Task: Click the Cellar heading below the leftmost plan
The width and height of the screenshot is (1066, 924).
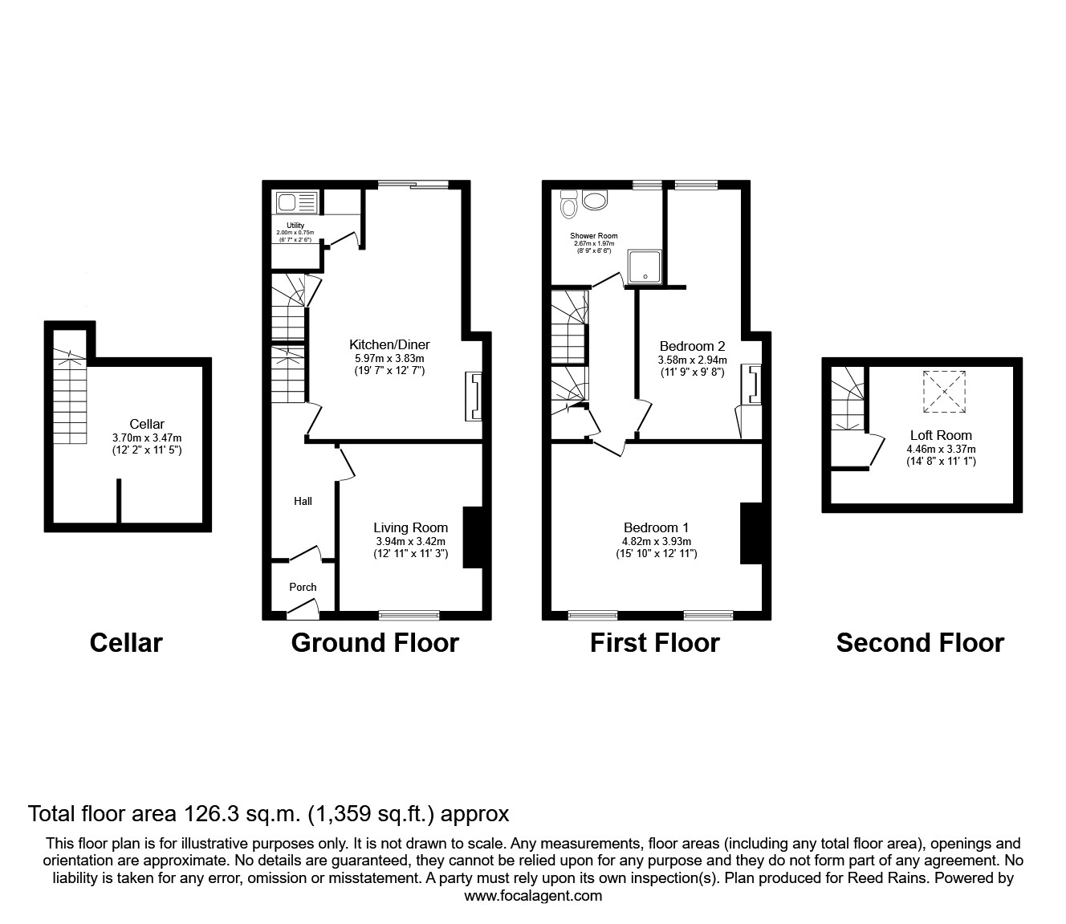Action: coord(126,642)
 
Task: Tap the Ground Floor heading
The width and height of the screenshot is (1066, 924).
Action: coord(375,642)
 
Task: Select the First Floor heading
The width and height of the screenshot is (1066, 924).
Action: coord(654,642)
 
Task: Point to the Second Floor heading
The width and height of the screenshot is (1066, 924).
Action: coord(920,642)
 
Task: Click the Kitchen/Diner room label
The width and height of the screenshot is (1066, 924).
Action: coord(389,344)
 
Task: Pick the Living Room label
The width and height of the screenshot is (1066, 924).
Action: coord(410,527)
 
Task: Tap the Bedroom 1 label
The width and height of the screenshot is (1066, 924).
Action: coord(656,527)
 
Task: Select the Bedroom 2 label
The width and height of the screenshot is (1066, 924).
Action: coord(692,346)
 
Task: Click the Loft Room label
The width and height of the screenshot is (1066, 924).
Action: coord(941,435)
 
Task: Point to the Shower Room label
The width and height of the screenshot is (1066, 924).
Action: coord(593,236)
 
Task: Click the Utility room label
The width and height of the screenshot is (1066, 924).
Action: coord(295,226)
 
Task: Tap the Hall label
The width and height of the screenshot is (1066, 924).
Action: coord(303,501)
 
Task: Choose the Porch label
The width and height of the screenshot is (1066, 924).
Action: coord(303,587)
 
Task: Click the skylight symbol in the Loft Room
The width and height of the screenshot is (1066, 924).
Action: coord(945,392)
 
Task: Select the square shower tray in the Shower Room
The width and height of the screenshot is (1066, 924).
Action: coord(645,267)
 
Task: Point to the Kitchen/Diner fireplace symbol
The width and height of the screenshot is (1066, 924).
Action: coord(474,397)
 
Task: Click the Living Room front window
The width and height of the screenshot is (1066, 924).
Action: coord(409,616)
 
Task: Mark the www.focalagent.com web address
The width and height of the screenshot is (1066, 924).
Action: coord(533,896)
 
